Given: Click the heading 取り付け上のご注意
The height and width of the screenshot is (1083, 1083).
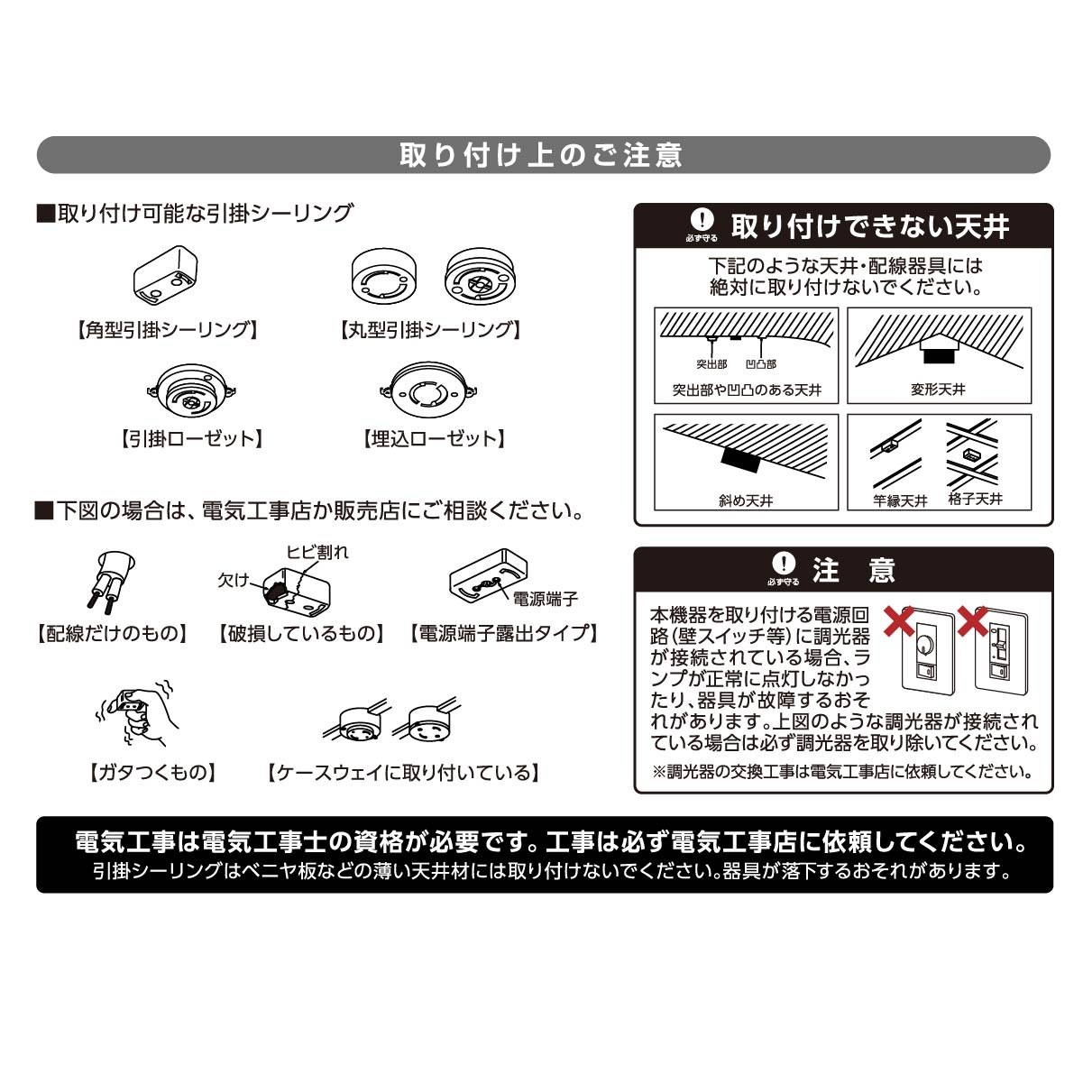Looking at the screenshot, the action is point(541,155).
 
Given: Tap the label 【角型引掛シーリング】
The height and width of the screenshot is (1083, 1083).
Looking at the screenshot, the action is point(166,329).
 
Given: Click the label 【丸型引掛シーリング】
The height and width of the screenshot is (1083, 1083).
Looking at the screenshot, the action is point(430,329).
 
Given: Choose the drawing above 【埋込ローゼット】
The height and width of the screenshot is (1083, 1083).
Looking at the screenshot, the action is point(429,390).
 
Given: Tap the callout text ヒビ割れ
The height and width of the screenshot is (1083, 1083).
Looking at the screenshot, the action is point(317,552).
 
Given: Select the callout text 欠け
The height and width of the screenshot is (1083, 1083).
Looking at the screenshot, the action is point(233,580).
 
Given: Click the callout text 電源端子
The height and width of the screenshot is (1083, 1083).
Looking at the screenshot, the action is point(546,599).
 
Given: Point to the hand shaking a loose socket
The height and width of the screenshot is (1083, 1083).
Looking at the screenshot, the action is point(138,712).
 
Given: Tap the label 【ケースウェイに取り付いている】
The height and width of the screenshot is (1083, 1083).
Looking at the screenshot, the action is point(403,773).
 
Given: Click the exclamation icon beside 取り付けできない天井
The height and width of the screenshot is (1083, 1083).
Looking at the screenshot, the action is point(702,220).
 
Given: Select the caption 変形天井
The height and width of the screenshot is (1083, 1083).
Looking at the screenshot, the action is point(938,389).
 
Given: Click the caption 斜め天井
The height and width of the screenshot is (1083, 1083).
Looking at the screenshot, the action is point(745,500).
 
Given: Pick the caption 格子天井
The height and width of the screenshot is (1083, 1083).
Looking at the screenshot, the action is point(975,499).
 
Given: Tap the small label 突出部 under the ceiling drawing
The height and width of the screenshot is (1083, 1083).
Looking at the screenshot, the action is point(711,364).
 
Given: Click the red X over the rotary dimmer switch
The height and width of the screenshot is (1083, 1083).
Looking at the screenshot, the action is point(899,620).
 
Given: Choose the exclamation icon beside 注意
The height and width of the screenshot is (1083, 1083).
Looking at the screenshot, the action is point(784,563).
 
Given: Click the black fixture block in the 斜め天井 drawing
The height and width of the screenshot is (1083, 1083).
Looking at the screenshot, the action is point(740,460).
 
